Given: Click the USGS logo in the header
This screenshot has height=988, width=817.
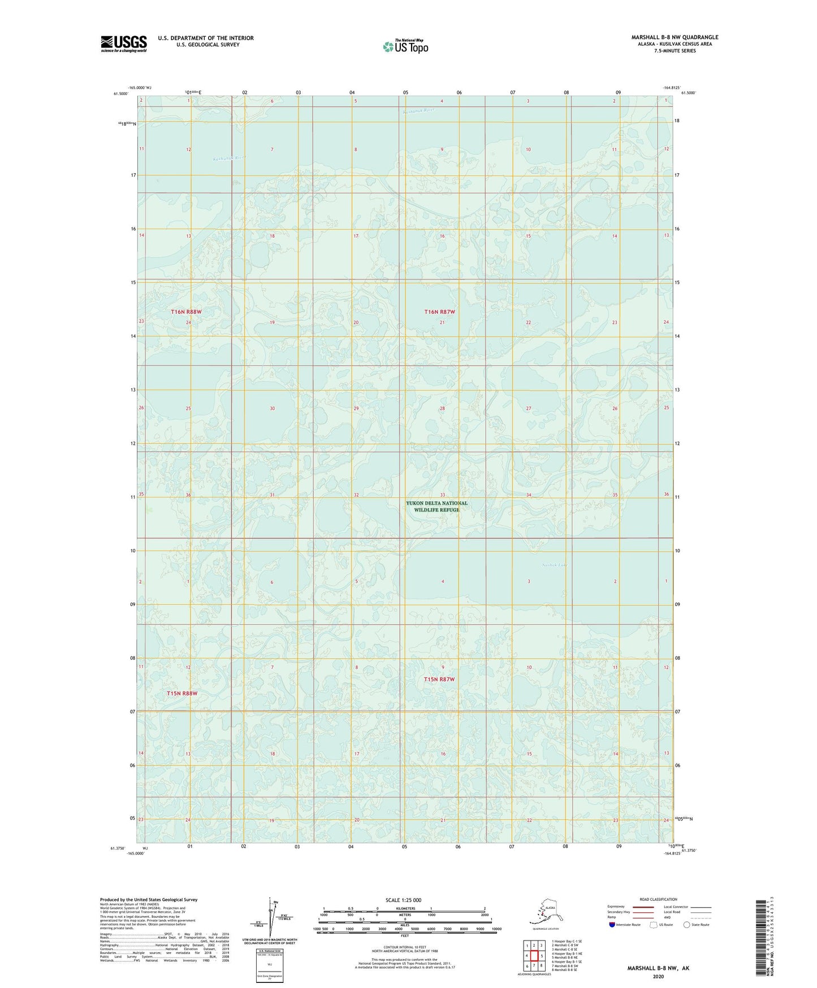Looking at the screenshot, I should (x=123, y=44).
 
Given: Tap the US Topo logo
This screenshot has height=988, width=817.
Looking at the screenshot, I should (x=405, y=46).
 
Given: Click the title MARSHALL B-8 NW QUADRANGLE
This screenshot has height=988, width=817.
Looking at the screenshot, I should (x=675, y=37).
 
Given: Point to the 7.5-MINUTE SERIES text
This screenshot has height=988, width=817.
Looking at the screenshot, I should (x=675, y=51).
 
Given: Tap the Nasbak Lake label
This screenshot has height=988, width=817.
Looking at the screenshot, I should (x=554, y=565).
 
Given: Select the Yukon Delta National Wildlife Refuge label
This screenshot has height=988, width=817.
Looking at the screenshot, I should (x=436, y=506).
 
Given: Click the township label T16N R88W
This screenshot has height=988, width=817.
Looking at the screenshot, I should (x=186, y=312).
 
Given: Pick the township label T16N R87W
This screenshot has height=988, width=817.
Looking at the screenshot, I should (x=439, y=312).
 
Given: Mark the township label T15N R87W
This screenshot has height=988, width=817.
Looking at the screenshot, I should (x=439, y=679).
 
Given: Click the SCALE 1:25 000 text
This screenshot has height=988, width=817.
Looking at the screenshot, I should (x=404, y=900).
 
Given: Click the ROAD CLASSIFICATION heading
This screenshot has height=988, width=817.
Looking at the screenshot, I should (x=658, y=899).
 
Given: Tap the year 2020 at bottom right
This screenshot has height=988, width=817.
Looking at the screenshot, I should (x=658, y=976).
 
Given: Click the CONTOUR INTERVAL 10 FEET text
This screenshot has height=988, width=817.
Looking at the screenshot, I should (x=404, y=948).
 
